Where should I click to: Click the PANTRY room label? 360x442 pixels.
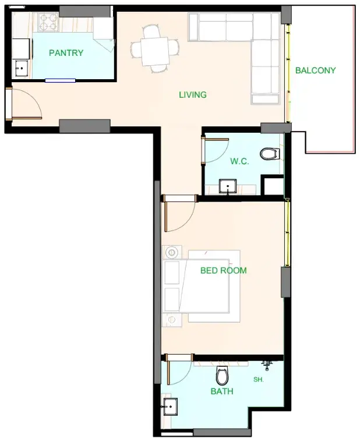tap(66, 53)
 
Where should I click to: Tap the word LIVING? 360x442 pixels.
tap(193, 95)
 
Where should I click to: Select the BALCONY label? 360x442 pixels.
tap(316, 70)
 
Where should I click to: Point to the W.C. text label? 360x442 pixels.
tap(239, 161)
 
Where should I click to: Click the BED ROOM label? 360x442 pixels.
tap(224, 271)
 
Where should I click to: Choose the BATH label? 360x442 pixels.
tap(222, 391)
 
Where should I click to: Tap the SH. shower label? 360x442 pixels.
tap(259, 380)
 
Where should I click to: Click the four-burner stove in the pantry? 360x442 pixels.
tap(48, 22)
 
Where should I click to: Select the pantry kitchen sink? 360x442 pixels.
tap(21, 68)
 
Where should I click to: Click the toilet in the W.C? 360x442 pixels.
tap(270, 154)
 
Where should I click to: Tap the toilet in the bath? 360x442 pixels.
tap(222, 376)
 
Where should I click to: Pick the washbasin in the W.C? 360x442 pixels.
tap(228, 186)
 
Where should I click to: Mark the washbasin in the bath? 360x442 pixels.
tap(170, 406)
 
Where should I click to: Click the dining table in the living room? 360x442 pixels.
tap(155, 51)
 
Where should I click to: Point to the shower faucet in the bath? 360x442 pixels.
tap(267, 365)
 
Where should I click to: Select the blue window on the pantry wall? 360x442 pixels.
tap(61, 80)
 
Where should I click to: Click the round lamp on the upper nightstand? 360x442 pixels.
tap(172, 252)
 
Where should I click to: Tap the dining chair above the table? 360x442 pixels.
tap(151, 31)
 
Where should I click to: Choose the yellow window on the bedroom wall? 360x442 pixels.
tap(287, 232)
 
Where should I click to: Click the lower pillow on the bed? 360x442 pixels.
tap(172, 299)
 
